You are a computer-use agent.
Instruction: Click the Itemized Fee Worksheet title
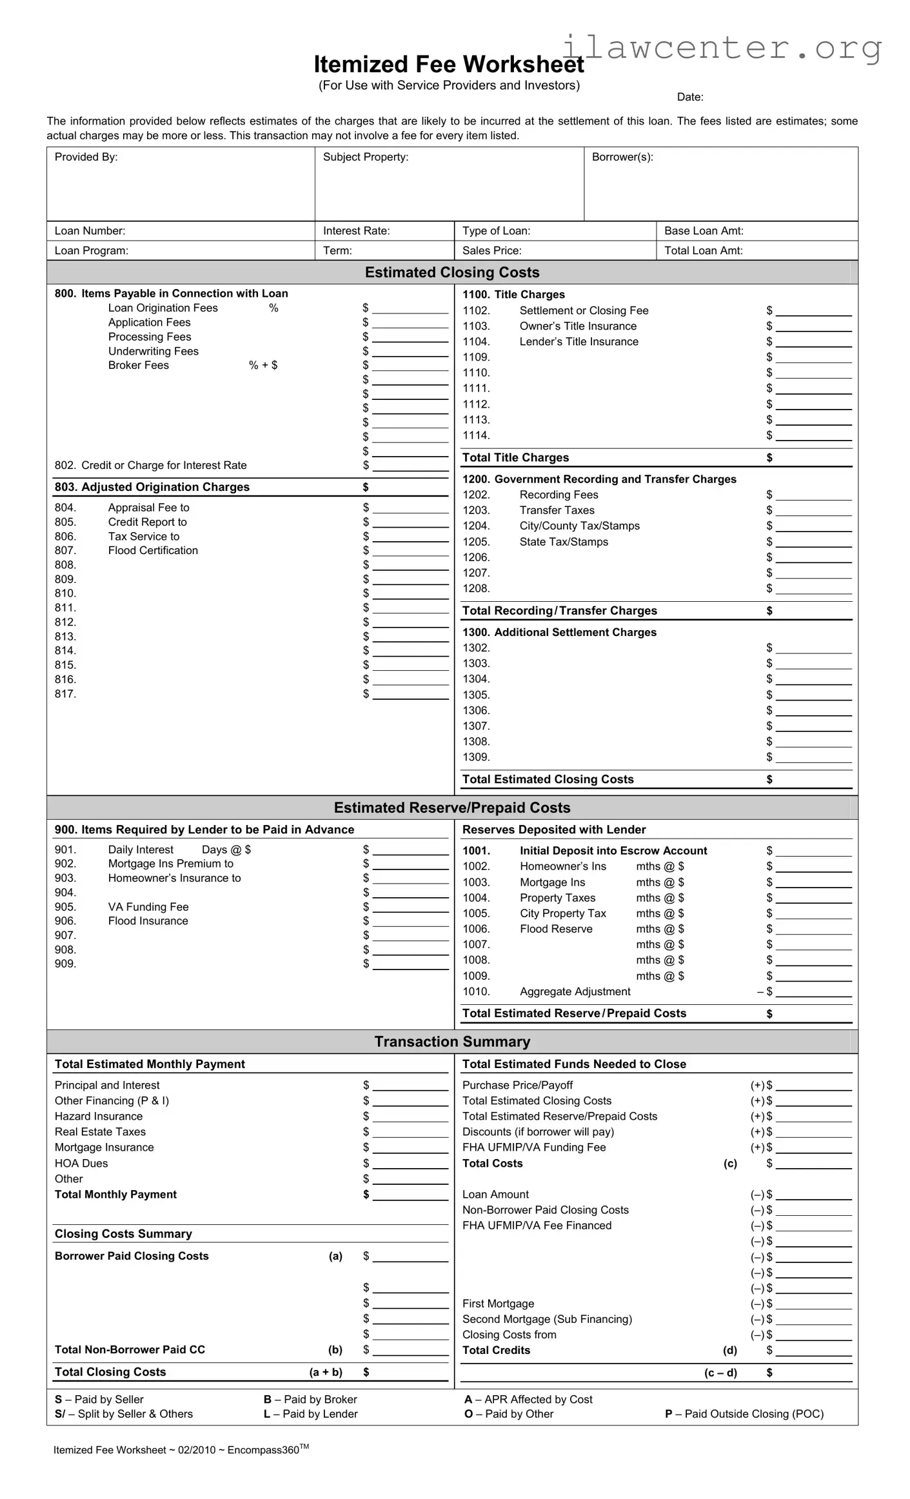pos(448,65)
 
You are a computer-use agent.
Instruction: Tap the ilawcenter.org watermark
pos(722,48)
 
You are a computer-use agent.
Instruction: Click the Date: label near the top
pos(689,97)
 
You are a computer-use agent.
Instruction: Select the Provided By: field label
pos(86,157)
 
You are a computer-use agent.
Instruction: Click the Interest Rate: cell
pos(356,231)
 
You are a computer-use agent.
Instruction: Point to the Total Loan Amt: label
pos(703,251)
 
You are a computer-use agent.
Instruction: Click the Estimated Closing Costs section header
pos(451,272)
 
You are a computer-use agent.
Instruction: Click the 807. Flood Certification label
pos(152,551)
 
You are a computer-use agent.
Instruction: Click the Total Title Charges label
pos(515,458)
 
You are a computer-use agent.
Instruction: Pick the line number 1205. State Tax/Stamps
pos(476,542)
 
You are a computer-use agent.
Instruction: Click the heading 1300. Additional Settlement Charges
pos(559,633)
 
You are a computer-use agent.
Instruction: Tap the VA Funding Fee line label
pos(148,908)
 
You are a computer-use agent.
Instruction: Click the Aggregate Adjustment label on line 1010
pos(575,992)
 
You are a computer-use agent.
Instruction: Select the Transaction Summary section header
pos(451,1042)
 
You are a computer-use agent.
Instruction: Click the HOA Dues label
pos(81,1164)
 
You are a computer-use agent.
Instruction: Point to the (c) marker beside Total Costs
pos(729,1164)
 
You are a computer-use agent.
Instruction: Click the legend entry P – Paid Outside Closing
pos(744,1414)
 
